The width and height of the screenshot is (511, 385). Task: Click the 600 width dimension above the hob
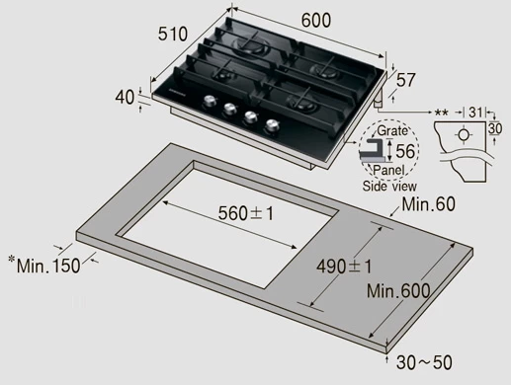coord(315,21)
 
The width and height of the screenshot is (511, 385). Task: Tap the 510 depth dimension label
coord(173,34)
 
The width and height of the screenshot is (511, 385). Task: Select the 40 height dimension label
coord(125,98)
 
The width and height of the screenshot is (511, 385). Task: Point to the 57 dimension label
coord(406,80)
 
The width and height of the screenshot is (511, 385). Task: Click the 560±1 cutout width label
coord(246,213)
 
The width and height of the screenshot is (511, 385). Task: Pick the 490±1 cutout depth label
coord(344,267)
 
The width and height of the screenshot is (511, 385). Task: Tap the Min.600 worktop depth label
coord(398,291)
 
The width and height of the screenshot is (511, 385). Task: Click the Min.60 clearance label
coord(428,204)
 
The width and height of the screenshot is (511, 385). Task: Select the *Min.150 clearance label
coord(44,265)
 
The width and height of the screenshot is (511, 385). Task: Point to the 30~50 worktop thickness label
coord(424,362)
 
